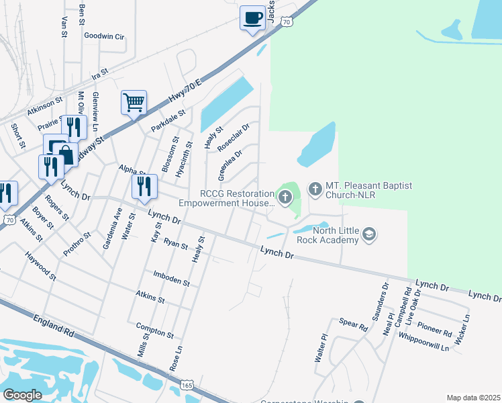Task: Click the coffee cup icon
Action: [252, 17]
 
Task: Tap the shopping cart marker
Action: [134, 103]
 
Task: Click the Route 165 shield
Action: [187, 388]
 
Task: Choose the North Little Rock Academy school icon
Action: [368, 234]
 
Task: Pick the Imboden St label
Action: [171, 278]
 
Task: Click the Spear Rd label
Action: [353, 326]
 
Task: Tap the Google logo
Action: [22, 394]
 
